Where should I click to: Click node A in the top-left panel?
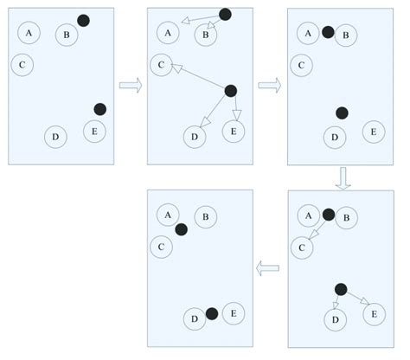point(29,33)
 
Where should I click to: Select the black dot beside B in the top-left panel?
point(83,20)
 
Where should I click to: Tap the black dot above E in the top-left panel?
point(99,109)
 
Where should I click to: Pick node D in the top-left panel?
point(54,137)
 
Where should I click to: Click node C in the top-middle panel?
point(161,64)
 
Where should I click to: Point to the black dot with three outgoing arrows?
point(231,90)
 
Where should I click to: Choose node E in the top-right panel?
point(373,132)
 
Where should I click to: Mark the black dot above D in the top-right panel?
point(342,112)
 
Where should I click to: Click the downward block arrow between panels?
point(343,177)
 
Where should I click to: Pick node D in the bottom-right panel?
point(334,319)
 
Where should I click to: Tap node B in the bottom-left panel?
point(205,216)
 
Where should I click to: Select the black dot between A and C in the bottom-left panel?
point(181,229)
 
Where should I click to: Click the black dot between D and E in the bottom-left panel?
point(212,313)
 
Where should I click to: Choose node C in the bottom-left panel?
point(161,247)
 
